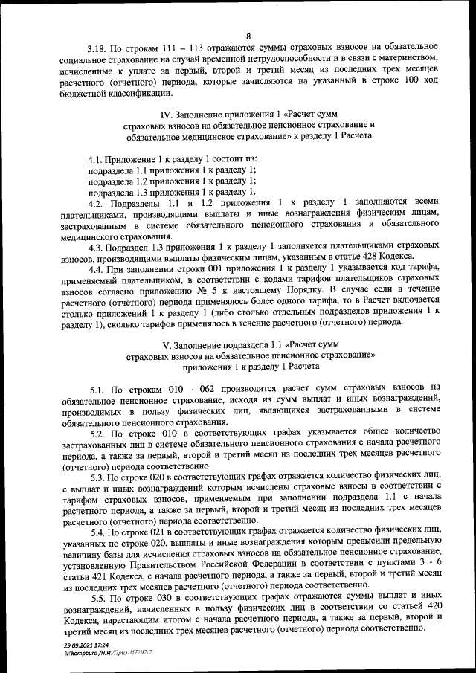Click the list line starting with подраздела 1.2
[172, 181]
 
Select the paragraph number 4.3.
[98, 246]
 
